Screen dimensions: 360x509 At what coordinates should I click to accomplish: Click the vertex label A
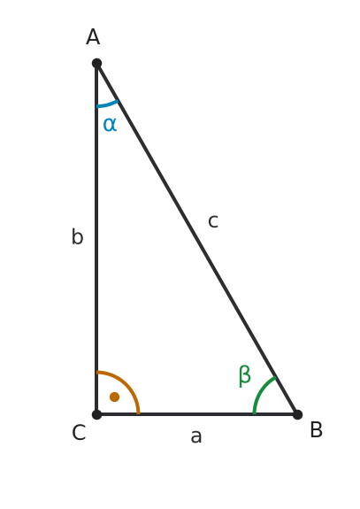click(x=93, y=36)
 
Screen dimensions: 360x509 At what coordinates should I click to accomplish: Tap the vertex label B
click(x=317, y=429)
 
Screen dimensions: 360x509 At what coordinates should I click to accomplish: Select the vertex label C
click(x=79, y=432)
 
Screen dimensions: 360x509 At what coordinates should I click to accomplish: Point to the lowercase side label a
click(x=195, y=436)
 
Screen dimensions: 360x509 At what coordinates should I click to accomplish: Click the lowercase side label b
click(x=77, y=236)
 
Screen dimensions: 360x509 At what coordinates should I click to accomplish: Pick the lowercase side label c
click(x=213, y=221)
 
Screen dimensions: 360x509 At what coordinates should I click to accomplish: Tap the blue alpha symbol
click(x=110, y=124)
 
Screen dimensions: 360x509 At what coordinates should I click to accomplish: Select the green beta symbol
click(x=244, y=376)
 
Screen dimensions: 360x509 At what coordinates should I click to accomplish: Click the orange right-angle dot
click(x=114, y=397)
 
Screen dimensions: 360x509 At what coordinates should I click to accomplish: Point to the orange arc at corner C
click(x=126, y=384)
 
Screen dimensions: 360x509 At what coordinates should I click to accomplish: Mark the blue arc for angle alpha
click(x=108, y=104)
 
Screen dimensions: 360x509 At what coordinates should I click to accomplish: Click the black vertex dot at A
click(x=96, y=64)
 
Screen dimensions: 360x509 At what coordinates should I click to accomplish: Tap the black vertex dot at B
click(x=297, y=414)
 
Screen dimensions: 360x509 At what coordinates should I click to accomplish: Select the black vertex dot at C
click(x=96, y=414)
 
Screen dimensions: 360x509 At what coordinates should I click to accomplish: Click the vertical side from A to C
click(x=96, y=239)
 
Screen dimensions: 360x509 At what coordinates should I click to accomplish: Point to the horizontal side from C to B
click(x=197, y=414)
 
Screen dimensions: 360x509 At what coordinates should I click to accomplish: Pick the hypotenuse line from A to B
click(x=197, y=239)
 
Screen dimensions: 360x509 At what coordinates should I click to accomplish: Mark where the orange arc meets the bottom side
click(x=139, y=414)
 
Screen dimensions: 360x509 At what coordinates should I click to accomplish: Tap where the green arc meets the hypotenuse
click(x=276, y=377)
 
